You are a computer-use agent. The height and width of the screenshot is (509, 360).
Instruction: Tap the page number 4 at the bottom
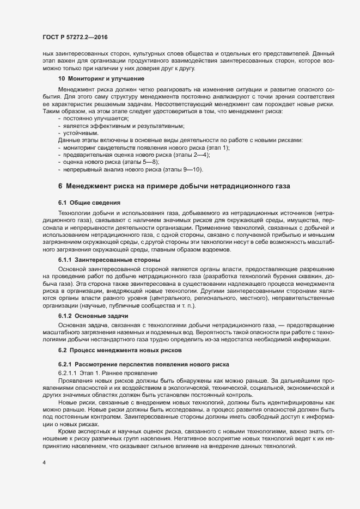click(x=44, y=463)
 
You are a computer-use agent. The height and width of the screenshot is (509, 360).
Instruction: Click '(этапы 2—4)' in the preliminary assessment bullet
click(x=195, y=156)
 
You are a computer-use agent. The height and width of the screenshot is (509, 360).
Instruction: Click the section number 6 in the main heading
click(x=60, y=187)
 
